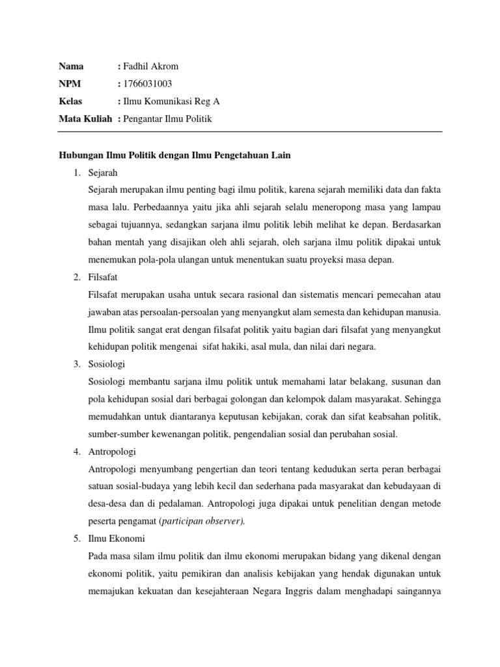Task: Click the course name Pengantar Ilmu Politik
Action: [x=168, y=119]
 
